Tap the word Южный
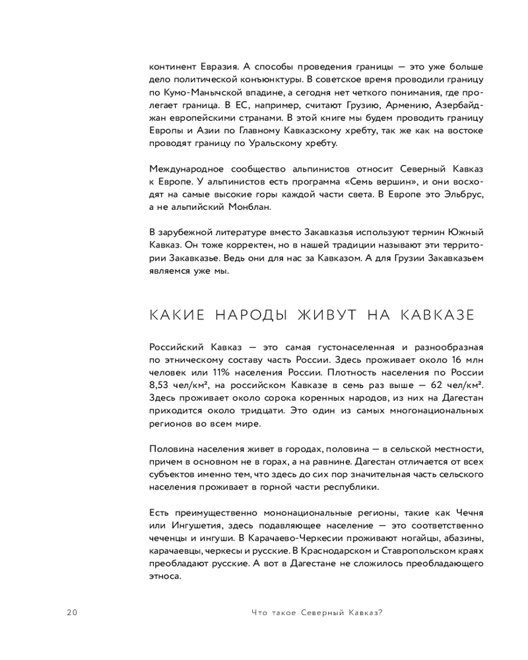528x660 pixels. pos(463,232)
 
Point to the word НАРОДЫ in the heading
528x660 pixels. pos(251,315)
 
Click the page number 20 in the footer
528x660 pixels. pos(72,612)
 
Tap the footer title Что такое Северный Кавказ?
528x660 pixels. pos(317,612)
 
